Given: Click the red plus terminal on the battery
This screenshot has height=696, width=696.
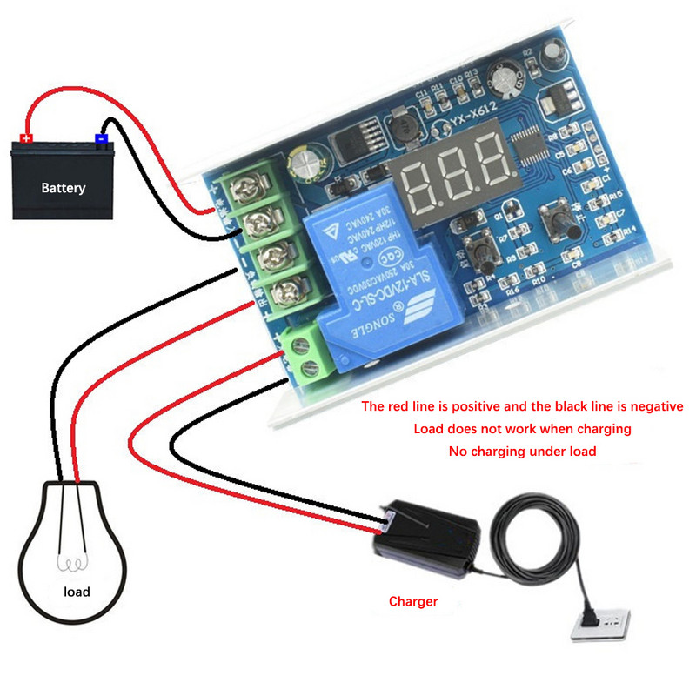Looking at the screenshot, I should [26, 137].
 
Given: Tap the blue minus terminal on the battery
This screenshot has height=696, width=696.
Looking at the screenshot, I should [101, 137].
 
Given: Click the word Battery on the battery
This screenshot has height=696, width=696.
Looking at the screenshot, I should [64, 187].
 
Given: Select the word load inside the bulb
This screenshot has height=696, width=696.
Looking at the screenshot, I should [77, 592].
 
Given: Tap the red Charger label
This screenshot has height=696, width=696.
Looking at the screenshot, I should [413, 601].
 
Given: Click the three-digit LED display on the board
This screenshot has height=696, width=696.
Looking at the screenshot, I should [456, 162].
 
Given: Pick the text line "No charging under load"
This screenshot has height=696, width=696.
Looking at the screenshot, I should [521, 452].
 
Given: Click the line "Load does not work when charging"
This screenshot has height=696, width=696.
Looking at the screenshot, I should [521, 429].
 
